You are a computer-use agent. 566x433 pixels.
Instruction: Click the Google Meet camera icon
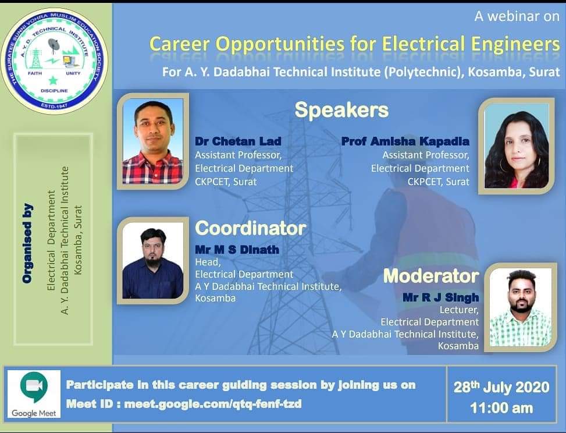(34, 388)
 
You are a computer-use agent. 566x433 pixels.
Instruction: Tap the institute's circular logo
(54, 61)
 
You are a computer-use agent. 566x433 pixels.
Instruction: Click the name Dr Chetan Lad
(238, 141)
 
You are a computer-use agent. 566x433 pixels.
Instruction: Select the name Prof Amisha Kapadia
(405, 141)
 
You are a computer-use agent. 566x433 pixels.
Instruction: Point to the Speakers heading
(341, 111)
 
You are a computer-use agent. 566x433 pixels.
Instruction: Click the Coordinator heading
(251, 228)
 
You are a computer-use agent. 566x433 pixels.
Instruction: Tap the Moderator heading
(431, 276)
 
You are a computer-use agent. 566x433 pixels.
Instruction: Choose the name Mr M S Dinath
(237, 250)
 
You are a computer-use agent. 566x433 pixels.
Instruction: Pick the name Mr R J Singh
(441, 297)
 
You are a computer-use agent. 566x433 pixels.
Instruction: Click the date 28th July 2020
(501, 387)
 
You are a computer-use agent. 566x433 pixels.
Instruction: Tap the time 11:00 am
(501, 409)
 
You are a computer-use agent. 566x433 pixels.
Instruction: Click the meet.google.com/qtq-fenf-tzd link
(212, 404)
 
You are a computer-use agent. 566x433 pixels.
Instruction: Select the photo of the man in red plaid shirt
(152, 141)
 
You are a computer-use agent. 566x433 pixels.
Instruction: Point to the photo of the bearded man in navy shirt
(152, 260)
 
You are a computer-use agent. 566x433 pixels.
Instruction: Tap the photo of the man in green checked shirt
(520, 307)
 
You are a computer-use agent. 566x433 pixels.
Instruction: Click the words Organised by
(28, 243)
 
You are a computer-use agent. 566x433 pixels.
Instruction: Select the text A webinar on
(517, 16)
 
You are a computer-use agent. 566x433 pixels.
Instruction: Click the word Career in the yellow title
(179, 44)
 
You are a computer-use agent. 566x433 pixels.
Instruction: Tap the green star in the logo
(54, 80)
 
